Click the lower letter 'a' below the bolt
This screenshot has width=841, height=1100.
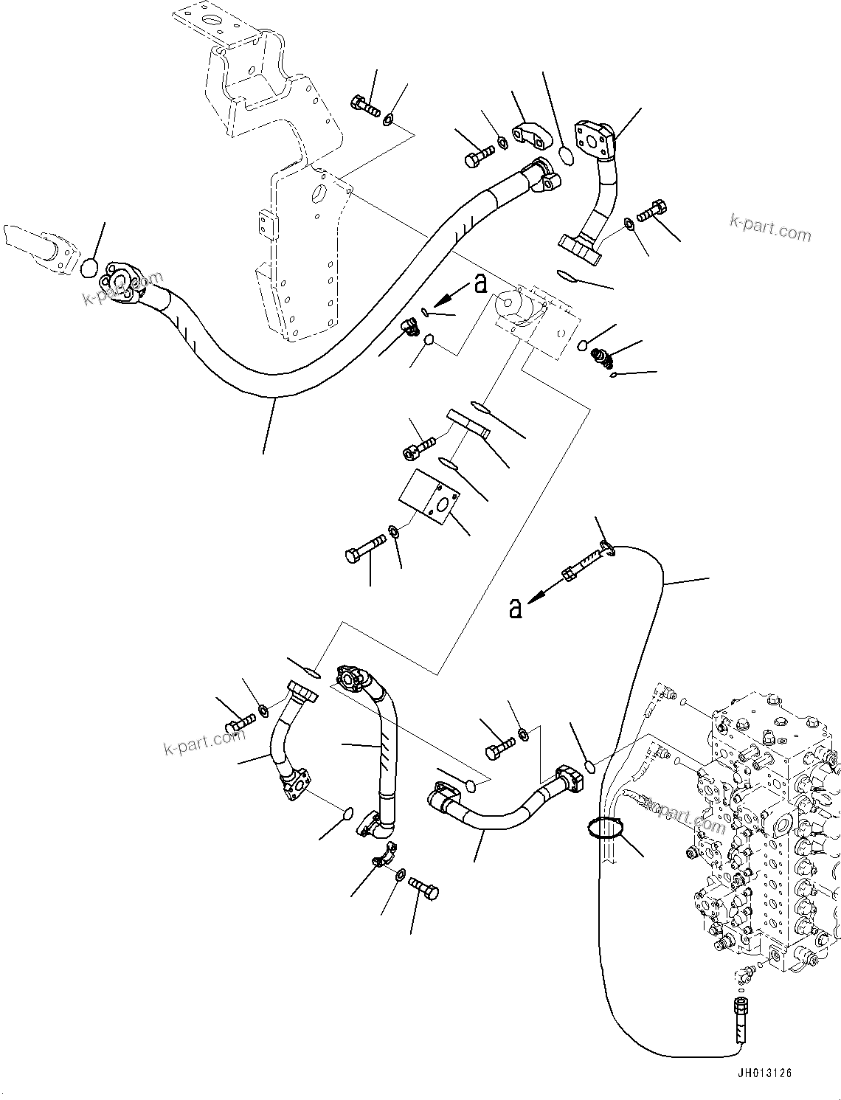516,608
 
